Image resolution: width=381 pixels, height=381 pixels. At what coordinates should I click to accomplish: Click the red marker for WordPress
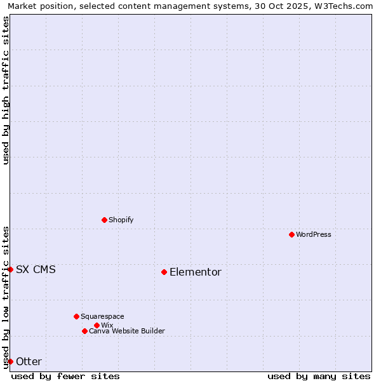[x=291, y=234]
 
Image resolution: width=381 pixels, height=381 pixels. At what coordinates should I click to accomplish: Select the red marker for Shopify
[x=104, y=220]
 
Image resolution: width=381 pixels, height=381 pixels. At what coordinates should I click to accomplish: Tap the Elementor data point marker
[x=164, y=272]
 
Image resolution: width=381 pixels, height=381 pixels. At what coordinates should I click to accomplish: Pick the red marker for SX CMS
[x=10, y=269]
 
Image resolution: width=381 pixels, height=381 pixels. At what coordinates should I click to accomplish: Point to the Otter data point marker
[x=10, y=361]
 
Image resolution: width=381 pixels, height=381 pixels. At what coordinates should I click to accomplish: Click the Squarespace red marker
[x=76, y=316]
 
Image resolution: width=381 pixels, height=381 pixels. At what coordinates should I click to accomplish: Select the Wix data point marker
[x=97, y=325]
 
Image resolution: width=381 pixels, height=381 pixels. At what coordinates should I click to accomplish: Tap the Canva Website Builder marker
[x=84, y=331]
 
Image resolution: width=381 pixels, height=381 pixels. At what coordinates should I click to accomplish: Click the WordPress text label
[x=314, y=234]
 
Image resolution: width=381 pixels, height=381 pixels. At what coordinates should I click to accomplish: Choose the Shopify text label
[x=121, y=220]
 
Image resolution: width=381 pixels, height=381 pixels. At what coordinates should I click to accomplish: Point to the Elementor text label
[x=196, y=272]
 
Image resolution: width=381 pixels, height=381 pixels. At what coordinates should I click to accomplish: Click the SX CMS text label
[x=36, y=269]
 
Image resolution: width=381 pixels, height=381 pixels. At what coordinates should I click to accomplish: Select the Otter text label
[x=29, y=361]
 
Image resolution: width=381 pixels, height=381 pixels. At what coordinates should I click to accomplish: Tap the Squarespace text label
[x=102, y=316]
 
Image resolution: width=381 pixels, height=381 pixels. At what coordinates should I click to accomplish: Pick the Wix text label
[x=107, y=325]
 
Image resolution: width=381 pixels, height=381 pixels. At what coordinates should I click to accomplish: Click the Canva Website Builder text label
[x=127, y=331]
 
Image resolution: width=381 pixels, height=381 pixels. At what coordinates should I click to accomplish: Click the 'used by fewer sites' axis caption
[x=65, y=376]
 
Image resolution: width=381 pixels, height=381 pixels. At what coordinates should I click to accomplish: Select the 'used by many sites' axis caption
[x=319, y=376]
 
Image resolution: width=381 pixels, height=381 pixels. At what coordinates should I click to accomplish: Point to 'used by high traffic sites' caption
[x=6, y=90]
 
